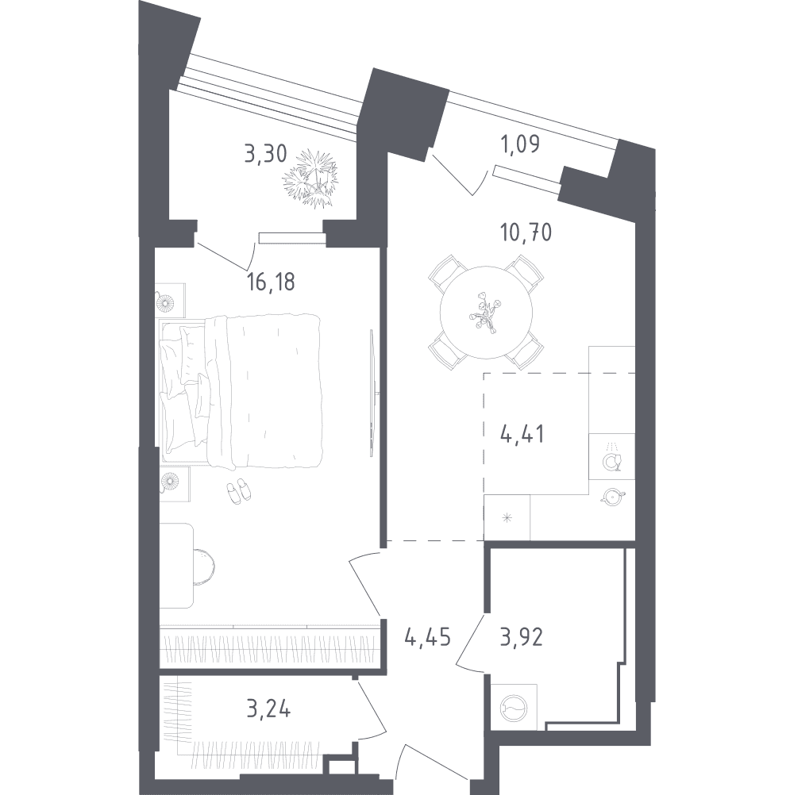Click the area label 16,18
(x=271, y=282)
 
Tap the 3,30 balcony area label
(x=265, y=152)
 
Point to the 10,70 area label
(x=526, y=232)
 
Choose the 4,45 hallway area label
(x=428, y=637)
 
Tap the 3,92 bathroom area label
(x=522, y=637)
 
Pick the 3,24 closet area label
(x=268, y=709)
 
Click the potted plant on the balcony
(x=310, y=178)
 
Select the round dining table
(x=486, y=312)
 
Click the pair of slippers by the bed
(x=238, y=490)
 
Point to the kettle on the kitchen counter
(x=612, y=497)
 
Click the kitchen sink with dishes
(x=612, y=456)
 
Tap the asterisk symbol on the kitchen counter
(x=507, y=518)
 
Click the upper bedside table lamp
(x=165, y=303)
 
